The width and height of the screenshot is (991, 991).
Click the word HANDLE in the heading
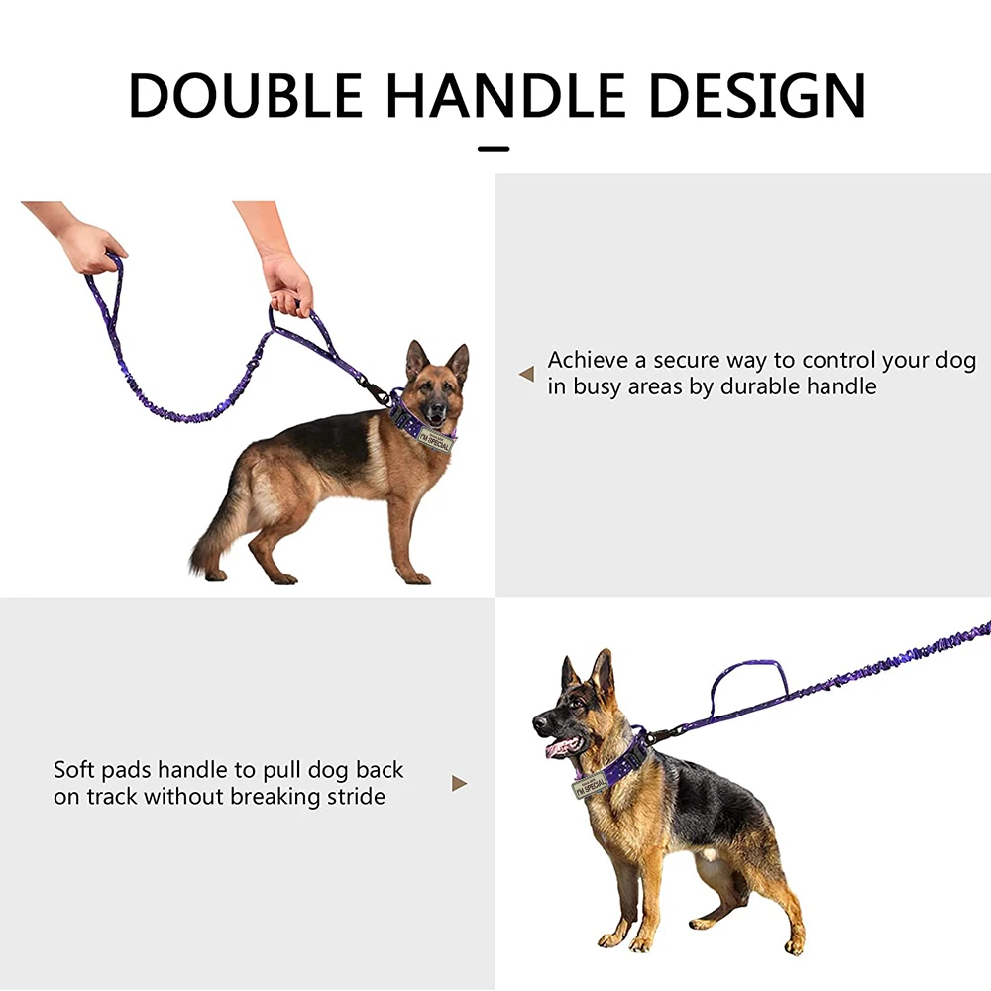point(505,95)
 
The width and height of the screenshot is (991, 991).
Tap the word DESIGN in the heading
point(756,95)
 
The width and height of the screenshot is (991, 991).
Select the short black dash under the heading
point(494,150)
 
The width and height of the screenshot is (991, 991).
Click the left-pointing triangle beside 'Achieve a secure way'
point(526,374)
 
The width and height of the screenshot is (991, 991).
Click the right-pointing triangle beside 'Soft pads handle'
point(460,784)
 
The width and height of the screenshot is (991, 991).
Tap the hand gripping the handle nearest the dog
point(287,282)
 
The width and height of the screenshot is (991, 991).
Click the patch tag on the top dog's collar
point(435,440)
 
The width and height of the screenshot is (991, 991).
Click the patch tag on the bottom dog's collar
point(591,784)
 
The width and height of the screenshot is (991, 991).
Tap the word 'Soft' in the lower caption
point(73,770)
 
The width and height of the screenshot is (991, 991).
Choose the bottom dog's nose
point(539,721)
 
